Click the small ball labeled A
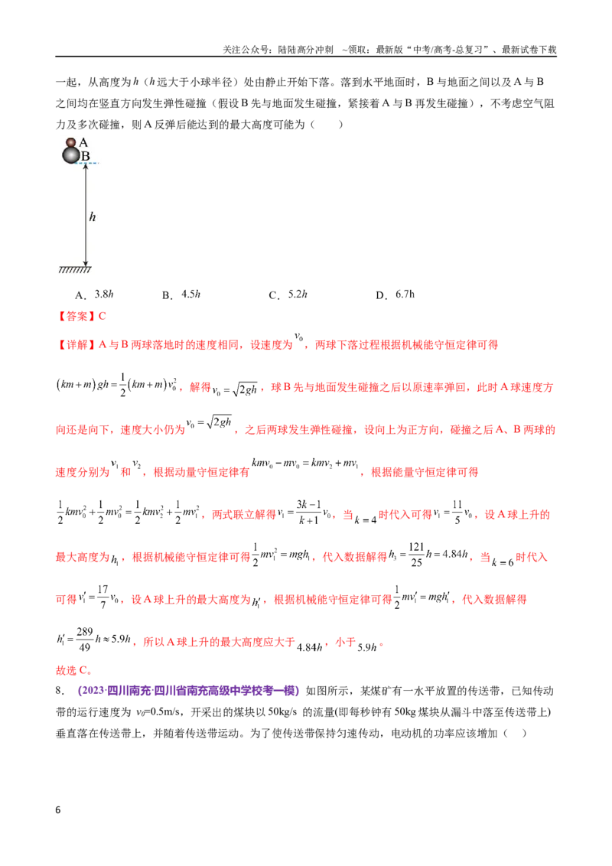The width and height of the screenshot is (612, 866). [x=70, y=142]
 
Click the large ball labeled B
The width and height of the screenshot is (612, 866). [x=71, y=155]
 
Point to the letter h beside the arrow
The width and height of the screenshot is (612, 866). [x=93, y=217]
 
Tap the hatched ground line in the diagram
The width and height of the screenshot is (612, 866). [x=74, y=270]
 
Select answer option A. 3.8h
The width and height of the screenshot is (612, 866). [x=94, y=295]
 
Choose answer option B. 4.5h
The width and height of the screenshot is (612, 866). [x=181, y=295]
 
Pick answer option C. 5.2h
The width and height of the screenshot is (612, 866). [x=288, y=295]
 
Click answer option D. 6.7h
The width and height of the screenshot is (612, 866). [x=395, y=295]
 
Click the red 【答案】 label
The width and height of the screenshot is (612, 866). [x=76, y=317]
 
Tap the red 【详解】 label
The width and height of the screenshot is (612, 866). [x=76, y=344]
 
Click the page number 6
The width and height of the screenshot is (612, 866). [x=58, y=810]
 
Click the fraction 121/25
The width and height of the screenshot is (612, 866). [x=416, y=555]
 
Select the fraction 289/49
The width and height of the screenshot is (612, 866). [x=84, y=640]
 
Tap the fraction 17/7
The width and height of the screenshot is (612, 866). [x=103, y=597]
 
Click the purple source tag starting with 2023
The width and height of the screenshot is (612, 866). [x=189, y=691]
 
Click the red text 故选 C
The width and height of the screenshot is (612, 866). [x=74, y=670]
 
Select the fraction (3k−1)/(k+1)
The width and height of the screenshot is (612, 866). [x=308, y=513]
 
